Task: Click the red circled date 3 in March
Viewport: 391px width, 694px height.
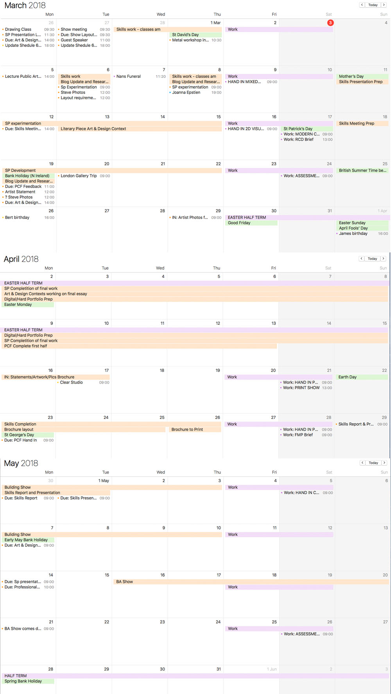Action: coord(330,23)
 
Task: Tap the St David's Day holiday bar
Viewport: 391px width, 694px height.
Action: coord(185,35)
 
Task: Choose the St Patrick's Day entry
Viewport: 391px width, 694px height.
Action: coord(298,129)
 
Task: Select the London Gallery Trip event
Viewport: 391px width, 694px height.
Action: coord(79,176)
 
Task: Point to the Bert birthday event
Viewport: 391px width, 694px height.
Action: coord(17,218)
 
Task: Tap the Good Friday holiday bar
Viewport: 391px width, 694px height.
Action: coord(239,223)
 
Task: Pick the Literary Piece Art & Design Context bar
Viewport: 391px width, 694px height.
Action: coord(93,129)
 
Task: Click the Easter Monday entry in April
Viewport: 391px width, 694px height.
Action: coord(18,305)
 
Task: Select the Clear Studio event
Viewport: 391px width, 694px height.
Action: coord(71,383)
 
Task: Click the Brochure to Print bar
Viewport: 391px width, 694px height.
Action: coord(187,430)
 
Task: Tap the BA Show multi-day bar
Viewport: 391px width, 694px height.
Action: coord(125,582)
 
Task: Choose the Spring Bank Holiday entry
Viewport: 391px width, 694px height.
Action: coord(23,681)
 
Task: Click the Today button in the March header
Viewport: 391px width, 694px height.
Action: coord(373,5)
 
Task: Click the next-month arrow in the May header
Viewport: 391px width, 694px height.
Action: coord(384,463)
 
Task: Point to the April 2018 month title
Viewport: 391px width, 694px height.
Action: coord(21,259)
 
